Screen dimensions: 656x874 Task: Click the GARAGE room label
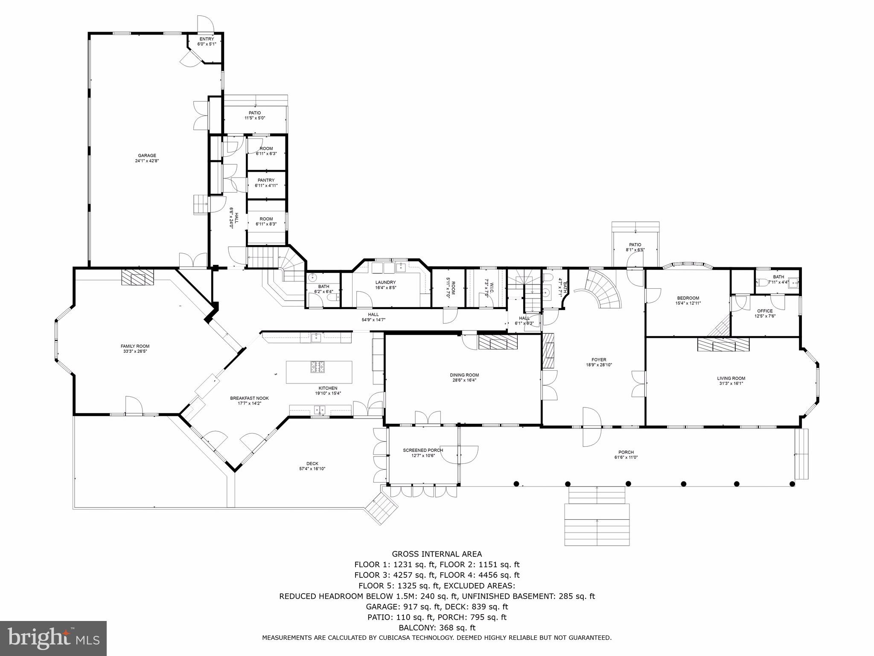147,155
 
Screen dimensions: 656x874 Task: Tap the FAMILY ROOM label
135,346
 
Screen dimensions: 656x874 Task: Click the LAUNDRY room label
385,282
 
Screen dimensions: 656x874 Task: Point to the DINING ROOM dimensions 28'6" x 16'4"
464,380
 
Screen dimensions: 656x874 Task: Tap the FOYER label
599,360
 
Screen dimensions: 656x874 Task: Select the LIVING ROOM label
731,378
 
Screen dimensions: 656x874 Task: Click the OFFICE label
765,311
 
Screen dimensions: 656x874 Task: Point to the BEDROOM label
688,298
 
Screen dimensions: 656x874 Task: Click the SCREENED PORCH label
422,450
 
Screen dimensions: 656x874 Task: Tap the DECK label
312,463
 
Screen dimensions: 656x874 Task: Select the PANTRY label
266,180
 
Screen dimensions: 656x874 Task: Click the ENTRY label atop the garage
207,39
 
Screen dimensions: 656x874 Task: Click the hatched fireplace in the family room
137,278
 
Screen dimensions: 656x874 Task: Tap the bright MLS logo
53,638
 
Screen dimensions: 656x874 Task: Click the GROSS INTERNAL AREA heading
437,554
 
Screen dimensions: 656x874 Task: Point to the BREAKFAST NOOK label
249,398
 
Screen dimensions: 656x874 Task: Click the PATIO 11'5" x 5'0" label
255,113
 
